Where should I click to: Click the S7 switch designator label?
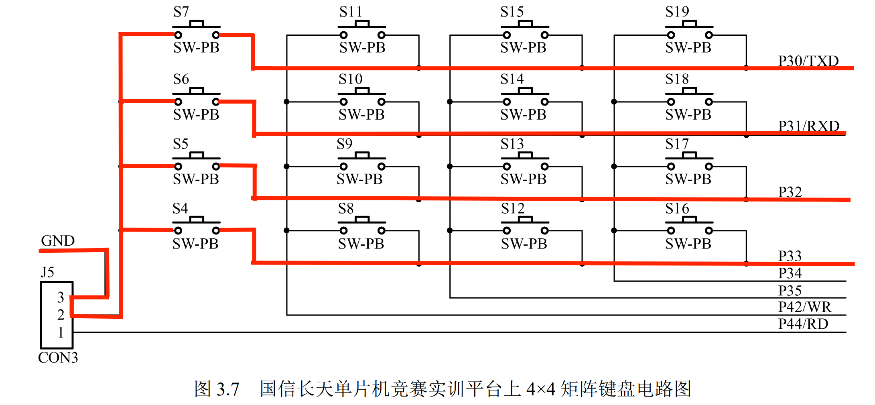(181, 12)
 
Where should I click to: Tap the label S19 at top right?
(677, 12)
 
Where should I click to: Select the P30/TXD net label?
(808, 61)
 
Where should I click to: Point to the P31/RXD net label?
(808, 126)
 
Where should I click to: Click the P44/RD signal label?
(803, 324)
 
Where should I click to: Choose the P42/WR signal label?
(804, 307)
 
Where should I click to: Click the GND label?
(58, 241)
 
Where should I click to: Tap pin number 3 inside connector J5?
(61, 297)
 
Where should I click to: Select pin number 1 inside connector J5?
(61, 332)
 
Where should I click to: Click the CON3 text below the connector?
(58, 358)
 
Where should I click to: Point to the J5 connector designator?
(47, 273)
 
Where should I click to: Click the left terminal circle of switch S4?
(178, 230)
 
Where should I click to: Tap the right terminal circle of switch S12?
(544, 230)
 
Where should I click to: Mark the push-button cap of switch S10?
(362, 91)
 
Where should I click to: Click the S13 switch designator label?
(512, 144)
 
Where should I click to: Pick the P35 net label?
(790, 291)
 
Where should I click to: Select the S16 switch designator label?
(677, 209)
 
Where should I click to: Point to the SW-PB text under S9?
(359, 179)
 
